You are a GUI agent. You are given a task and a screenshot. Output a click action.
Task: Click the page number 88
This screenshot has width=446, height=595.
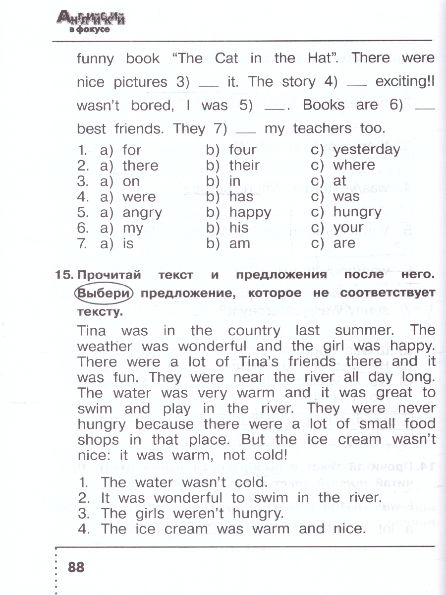[76, 567]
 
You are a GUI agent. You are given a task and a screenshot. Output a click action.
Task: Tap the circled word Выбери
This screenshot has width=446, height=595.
[104, 293]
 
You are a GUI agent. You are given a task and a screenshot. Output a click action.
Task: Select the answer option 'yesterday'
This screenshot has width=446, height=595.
[366, 150]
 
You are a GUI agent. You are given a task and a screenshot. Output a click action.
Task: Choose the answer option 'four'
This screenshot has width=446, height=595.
[242, 150]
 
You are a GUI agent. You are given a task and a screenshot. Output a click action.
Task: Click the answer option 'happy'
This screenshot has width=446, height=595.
[250, 213]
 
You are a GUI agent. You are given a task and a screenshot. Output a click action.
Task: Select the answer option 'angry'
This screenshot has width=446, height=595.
[142, 213]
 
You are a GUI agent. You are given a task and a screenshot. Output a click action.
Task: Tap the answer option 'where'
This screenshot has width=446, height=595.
[354, 165]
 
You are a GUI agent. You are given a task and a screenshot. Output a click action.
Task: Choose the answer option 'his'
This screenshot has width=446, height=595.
[239, 228]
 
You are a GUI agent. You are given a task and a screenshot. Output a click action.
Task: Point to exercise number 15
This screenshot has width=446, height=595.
[64, 274]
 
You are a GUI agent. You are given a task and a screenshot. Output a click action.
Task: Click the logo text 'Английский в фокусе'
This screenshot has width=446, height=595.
[91, 22]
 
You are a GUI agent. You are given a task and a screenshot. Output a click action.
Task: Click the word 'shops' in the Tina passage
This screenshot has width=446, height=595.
[98, 440]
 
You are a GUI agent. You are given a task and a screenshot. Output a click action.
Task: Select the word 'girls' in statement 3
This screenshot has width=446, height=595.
[154, 513]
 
